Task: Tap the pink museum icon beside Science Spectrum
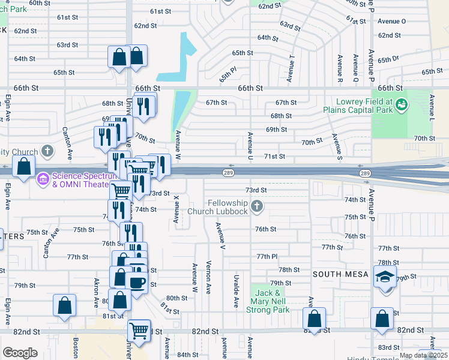(x=43, y=178)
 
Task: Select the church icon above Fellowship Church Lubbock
(x=257, y=207)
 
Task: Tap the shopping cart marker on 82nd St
(x=139, y=329)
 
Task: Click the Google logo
(x=20, y=353)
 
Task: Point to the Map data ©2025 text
(x=423, y=355)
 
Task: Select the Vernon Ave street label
(x=208, y=277)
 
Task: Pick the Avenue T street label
(x=291, y=68)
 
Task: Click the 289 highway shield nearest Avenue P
(x=365, y=173)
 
